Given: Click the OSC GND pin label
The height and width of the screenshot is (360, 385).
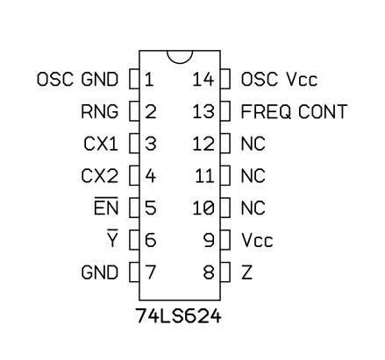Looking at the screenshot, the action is pos(77,79).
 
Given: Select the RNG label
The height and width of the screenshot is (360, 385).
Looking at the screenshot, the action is pos(100,111).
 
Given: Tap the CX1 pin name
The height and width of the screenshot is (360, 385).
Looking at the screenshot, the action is pos(101,144).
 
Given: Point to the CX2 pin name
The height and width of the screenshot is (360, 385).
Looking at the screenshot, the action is pos(100,176).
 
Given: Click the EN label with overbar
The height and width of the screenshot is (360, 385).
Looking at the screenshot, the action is pos(106,207).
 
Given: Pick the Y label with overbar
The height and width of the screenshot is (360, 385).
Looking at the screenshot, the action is pos(112,238).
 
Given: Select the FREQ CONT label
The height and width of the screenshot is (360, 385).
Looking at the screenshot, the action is pos(294,111).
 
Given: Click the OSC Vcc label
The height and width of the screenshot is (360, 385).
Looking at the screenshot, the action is pos(279,79).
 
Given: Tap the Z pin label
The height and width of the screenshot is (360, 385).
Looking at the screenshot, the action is pos(246,272).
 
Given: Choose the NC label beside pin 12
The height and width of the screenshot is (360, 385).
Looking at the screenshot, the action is pos(253,144).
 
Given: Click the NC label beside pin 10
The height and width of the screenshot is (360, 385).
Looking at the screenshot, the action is pos(253,208).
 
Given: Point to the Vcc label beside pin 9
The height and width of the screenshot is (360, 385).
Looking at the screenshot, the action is pos(257,240).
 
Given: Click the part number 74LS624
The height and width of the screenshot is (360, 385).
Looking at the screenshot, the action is pos(178,316).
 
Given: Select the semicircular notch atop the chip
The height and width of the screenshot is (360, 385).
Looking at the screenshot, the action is pos(180,63).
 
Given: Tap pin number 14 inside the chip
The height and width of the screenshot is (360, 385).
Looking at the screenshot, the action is pos(203,79).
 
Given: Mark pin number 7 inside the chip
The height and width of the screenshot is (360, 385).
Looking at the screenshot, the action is pos(151,272).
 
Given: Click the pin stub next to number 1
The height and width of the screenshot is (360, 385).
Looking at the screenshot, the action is pos(134,79).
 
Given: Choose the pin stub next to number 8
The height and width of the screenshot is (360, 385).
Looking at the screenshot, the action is pos(225,272).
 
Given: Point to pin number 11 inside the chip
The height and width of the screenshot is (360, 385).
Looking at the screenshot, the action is pos(204,176).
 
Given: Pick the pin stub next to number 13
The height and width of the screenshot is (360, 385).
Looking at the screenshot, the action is pos(225,111).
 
